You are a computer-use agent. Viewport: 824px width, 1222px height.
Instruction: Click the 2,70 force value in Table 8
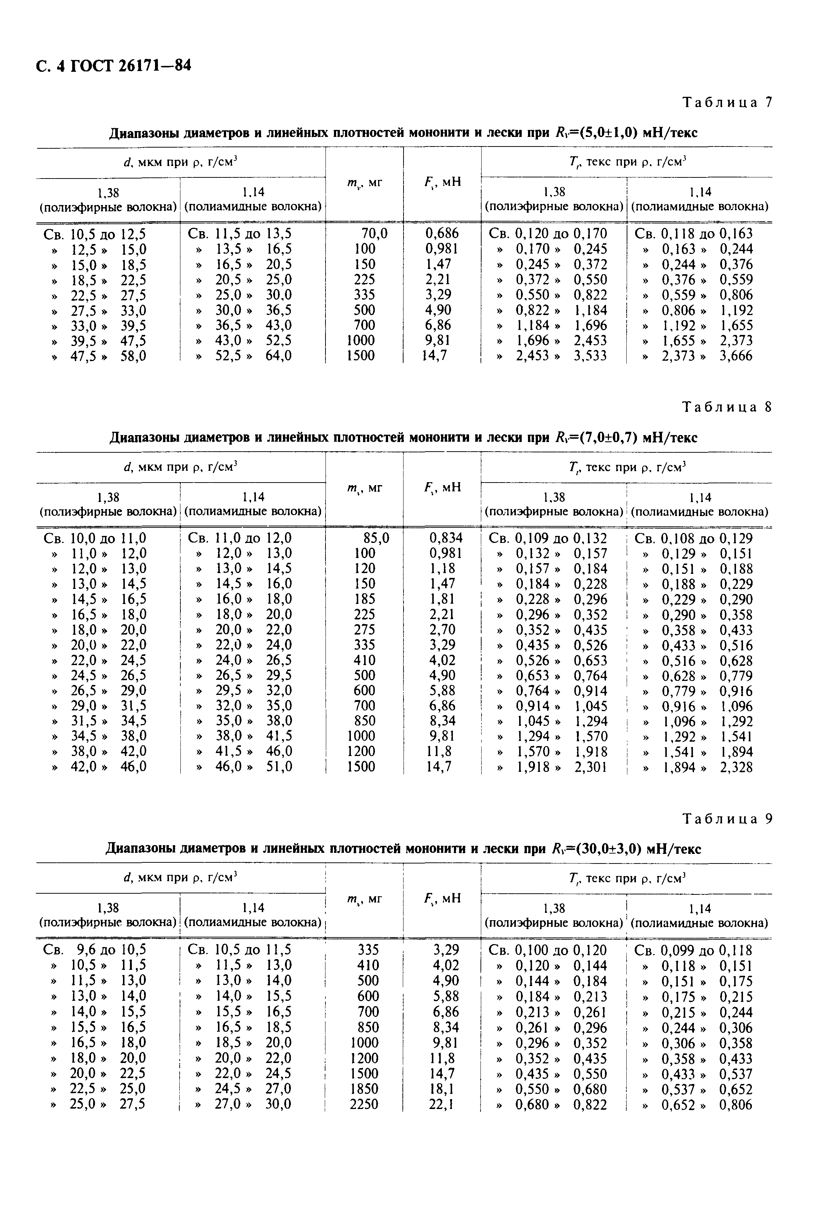(x=442, y=629)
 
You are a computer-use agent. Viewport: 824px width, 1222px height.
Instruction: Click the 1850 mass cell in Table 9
(x=364, y=1089)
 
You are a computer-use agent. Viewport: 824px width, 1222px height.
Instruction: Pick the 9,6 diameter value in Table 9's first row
(x=87, y=950)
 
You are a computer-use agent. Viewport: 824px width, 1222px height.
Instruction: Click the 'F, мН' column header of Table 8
(x=442, y=488)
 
